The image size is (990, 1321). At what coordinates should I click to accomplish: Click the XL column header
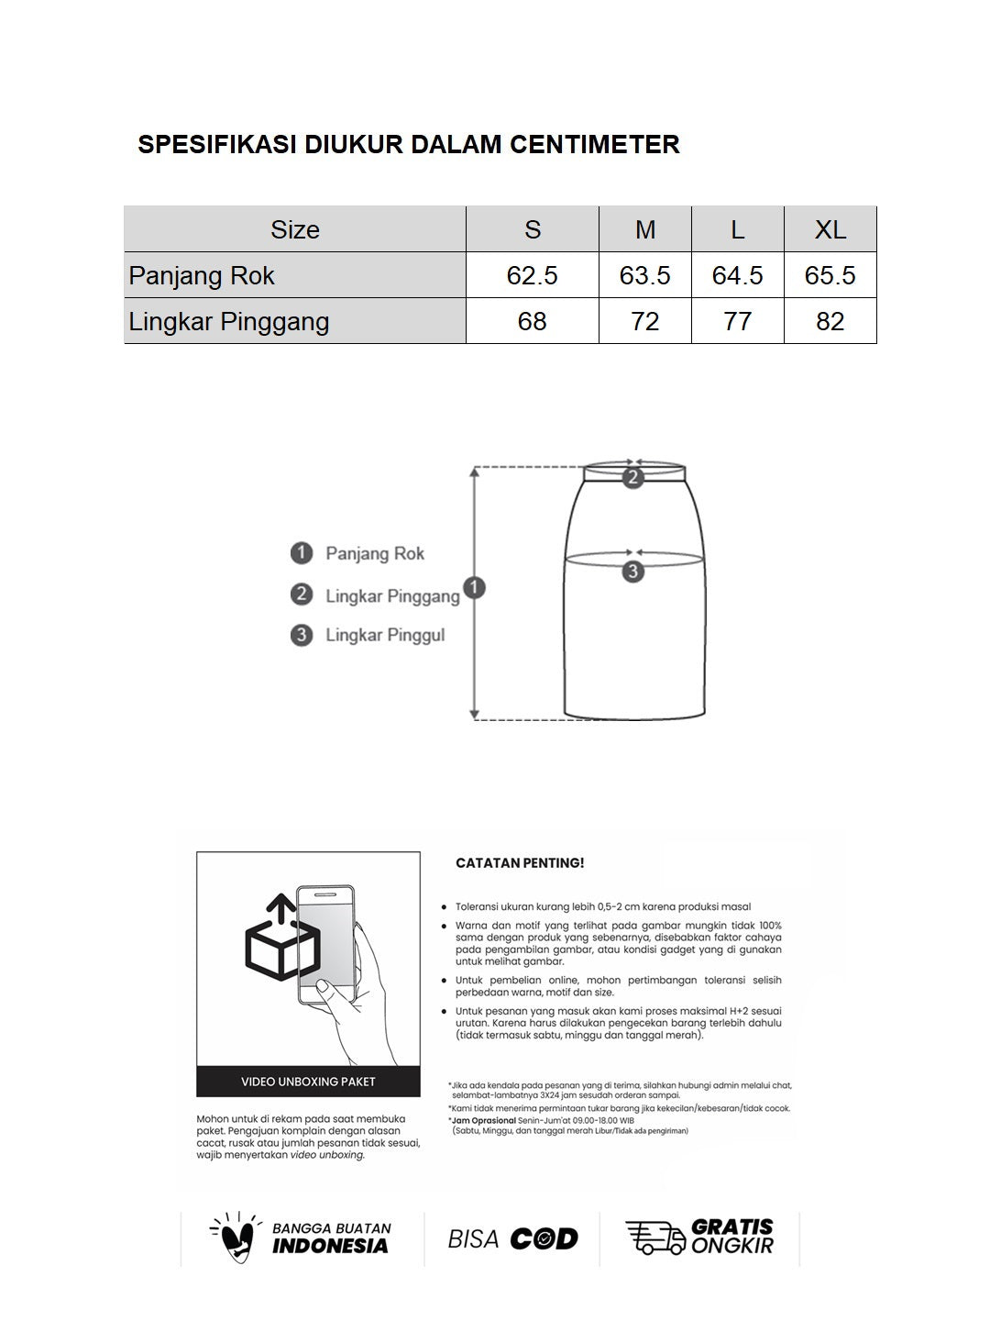coord(830,229)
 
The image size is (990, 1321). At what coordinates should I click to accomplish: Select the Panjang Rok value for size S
coord(532,275)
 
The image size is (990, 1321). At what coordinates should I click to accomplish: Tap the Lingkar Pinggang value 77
coord(737,321)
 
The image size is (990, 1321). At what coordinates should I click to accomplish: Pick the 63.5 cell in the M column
coord(644,275)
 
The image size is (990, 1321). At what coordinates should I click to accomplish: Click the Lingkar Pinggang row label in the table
coord(229,321)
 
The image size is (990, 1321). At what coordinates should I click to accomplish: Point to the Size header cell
coord(294,229)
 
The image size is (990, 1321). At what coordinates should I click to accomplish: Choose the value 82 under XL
coord(830,321)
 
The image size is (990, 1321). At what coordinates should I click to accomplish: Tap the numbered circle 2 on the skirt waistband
coord(632,476)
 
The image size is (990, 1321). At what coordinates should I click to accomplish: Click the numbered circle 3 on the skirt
coord(632,572)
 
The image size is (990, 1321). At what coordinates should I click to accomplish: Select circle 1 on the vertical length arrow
coord(474,588)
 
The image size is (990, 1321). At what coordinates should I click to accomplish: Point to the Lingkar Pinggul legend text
coord(385,635)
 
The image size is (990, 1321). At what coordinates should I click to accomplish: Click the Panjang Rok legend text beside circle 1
coord(375,553)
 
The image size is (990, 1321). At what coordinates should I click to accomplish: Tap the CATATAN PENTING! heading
coord(520,863)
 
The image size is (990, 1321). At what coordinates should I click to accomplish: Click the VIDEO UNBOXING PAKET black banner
coord(308,1082)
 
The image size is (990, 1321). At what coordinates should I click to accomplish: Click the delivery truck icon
coord(654,1238)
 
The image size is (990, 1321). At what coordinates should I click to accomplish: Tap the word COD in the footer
coord(544,1238)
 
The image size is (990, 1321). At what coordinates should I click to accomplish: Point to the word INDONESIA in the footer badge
coord(330,1246)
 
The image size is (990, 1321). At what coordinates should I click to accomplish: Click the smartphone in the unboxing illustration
coord(326,945)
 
